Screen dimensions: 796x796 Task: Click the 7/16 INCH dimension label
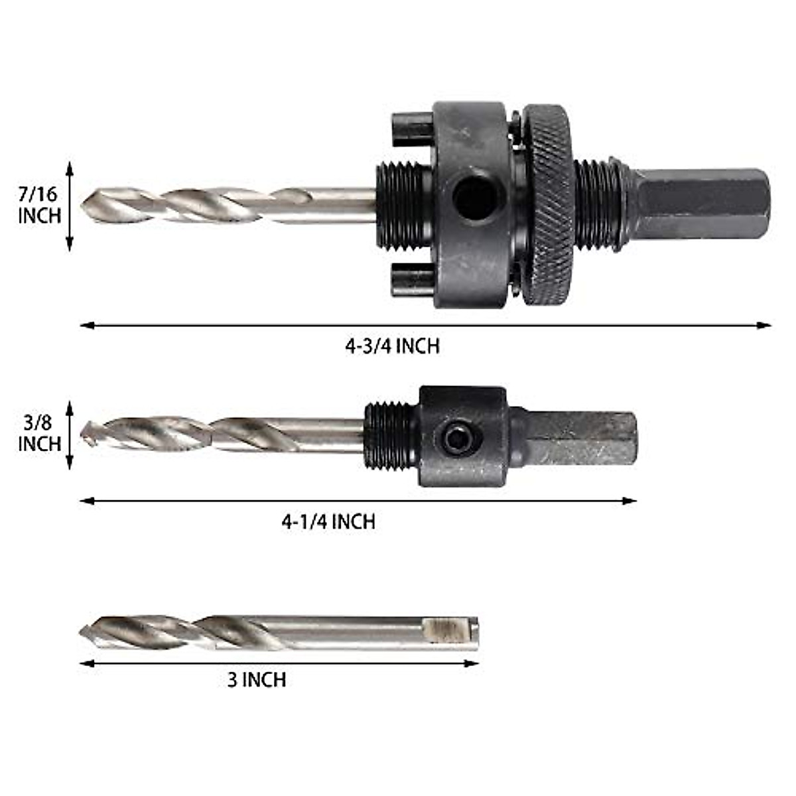click(x=39, y=205)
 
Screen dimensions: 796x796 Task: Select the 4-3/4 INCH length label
click(x=392, y=346)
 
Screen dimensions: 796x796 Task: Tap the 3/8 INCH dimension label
click(x=39, y=433)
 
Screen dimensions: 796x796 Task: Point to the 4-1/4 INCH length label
click(x=328, y=521)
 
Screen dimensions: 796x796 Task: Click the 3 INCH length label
click(x=257, y=680)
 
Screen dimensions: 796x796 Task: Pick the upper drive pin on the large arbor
click(x=412, y=129)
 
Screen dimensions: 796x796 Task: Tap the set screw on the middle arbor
click(x=456, y=438)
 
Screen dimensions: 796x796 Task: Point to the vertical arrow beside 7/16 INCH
click(x=70, y=206)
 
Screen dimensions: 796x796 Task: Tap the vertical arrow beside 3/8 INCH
click(x=70, y=434)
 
